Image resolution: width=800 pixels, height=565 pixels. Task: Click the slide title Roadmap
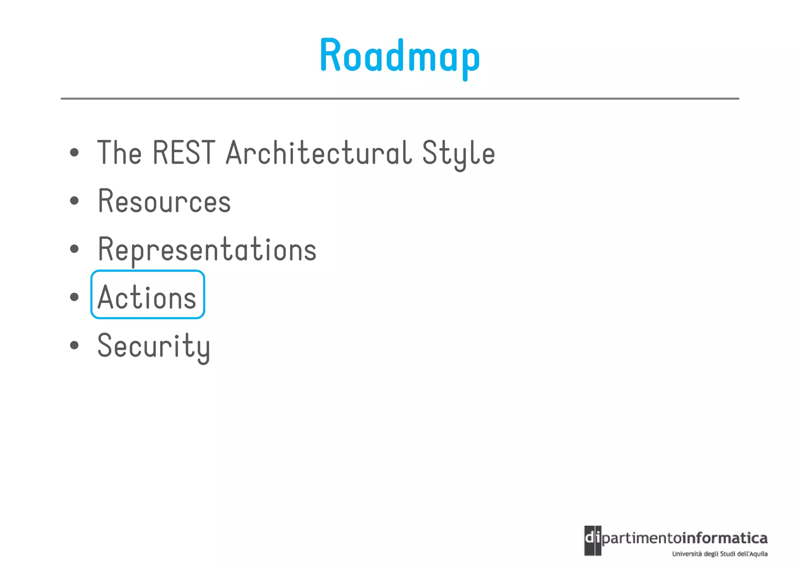(400, 57)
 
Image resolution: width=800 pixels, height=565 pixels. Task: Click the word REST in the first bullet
(184, 153)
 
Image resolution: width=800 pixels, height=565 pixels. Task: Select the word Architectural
(319, 153)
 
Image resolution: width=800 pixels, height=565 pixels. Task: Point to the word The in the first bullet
(119, 153)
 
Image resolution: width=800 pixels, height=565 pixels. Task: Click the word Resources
(164, 201)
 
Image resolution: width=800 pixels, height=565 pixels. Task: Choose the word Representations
(207, 250)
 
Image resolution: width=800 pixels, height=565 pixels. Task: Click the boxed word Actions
(147, 297)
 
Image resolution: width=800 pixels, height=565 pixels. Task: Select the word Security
(154, 346)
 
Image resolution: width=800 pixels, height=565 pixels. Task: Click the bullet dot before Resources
(74, 201)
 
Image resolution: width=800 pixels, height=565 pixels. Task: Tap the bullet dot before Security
(74, 345)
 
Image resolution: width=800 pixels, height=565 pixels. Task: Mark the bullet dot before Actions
(74, 297)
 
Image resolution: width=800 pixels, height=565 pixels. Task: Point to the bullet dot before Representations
(74, 249)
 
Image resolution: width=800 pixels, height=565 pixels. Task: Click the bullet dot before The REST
(74, 153)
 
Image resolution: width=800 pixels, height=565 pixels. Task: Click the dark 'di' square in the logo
(593, 540)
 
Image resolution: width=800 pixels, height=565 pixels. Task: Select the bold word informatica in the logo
(725, 538)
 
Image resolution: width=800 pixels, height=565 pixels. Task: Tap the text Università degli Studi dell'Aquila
(720, 554)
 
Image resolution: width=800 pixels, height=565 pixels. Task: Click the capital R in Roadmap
(330, 55)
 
